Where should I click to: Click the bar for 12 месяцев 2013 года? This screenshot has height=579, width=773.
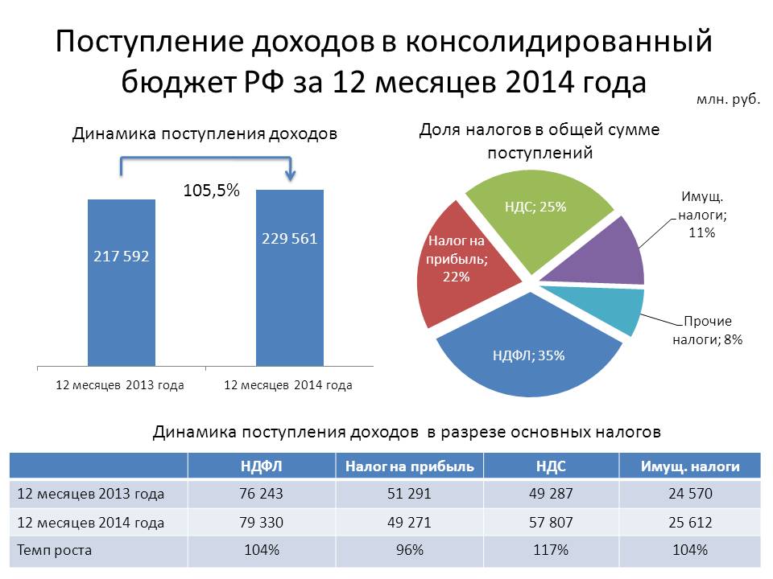coord(122,281)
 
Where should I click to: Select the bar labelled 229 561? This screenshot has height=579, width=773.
coord(290,277)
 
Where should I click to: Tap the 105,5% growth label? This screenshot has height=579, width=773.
coord(213,191)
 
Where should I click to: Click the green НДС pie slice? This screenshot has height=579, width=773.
coord(539,217)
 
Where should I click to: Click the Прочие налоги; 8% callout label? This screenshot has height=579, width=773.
coord(707,331)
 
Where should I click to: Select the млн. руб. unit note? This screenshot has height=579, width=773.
coord(728,102)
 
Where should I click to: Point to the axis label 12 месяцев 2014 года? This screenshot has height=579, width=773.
coord(287,385)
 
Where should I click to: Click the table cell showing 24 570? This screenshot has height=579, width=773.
coord(690,494)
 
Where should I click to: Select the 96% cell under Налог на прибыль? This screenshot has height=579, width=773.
coord(409,551)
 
